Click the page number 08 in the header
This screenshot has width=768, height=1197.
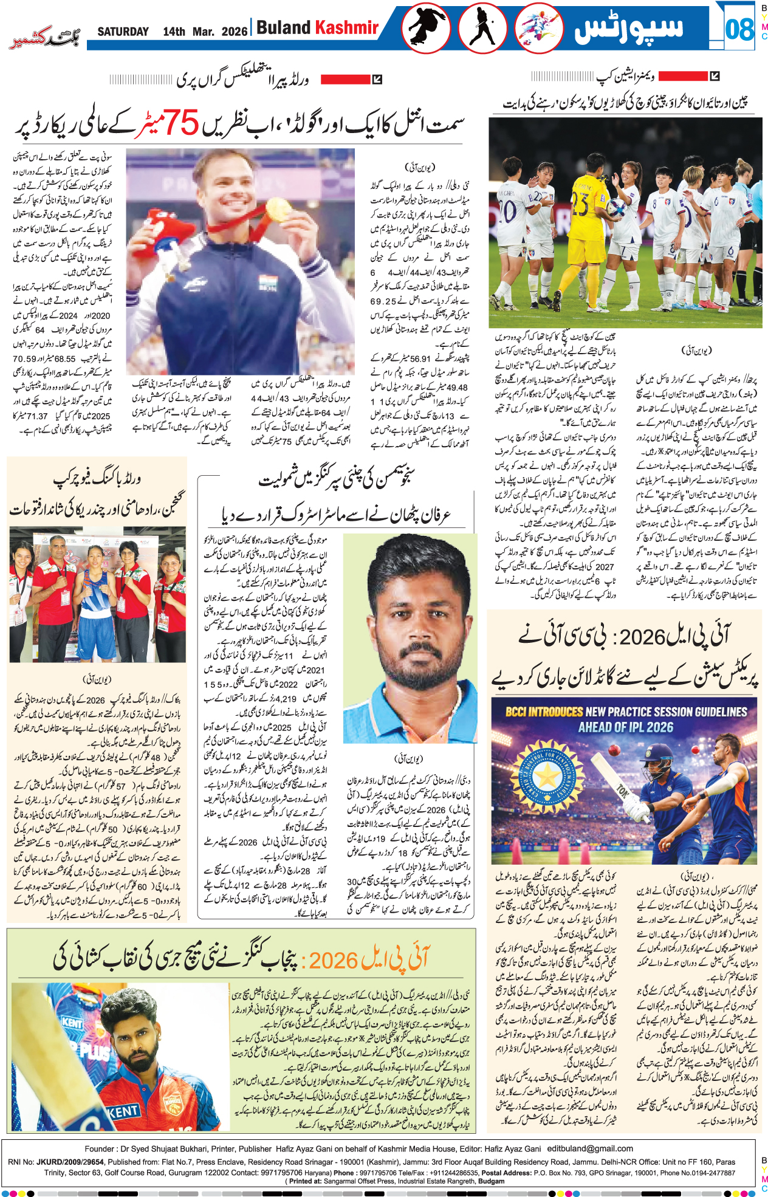coord(739,29)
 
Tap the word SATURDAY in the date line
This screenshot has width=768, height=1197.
coord(123,32)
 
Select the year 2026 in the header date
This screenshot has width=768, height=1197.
coord(235,32)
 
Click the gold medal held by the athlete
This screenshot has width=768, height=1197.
coord(279,210)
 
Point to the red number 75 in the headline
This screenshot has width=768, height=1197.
coord(182,123)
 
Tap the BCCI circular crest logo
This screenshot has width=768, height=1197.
coord(547,775)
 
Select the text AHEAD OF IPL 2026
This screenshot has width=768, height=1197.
coord(625,727)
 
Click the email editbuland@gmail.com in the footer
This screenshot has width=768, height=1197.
coord(590,1148)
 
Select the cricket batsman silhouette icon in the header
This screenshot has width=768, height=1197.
coord(482,29)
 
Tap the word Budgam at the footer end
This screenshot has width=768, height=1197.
coord(492,1181)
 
